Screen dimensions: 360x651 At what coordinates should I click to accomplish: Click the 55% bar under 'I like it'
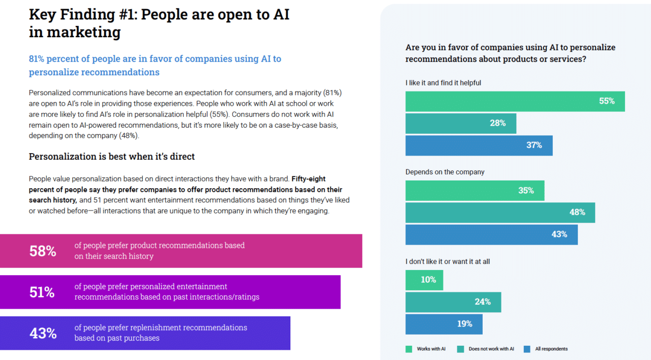[515, 101]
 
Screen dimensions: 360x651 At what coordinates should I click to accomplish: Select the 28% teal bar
[460, 124]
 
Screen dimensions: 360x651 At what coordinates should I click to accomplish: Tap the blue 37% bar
[479, 145]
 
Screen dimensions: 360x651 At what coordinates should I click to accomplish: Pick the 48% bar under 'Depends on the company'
[500, 213]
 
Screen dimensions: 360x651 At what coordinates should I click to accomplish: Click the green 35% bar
[475, 191]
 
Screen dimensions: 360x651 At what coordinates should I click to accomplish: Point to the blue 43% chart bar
[491, 234]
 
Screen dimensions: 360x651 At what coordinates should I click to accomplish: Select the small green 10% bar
[424, 280]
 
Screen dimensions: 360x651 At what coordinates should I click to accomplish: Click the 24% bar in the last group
[453, 302]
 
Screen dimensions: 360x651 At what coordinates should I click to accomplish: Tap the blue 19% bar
[443, 324]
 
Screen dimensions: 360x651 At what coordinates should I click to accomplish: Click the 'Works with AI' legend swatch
[409, 349]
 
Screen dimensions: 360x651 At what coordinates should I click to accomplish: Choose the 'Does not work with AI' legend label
[491, 349]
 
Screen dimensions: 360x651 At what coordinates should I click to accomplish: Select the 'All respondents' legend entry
[551, 349]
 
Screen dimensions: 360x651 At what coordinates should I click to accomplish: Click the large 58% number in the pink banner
[43, 251]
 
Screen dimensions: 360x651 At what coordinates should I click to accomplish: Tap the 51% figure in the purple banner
[43, 292]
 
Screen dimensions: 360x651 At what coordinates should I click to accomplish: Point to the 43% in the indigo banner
[43, 333]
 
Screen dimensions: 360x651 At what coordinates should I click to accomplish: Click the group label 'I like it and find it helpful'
[443, 82]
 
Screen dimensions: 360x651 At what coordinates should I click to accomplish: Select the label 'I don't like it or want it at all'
[448, 261]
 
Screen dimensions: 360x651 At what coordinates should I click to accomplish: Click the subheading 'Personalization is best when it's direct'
[112, 157]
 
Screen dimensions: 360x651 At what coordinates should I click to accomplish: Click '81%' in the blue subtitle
[38, 58]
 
